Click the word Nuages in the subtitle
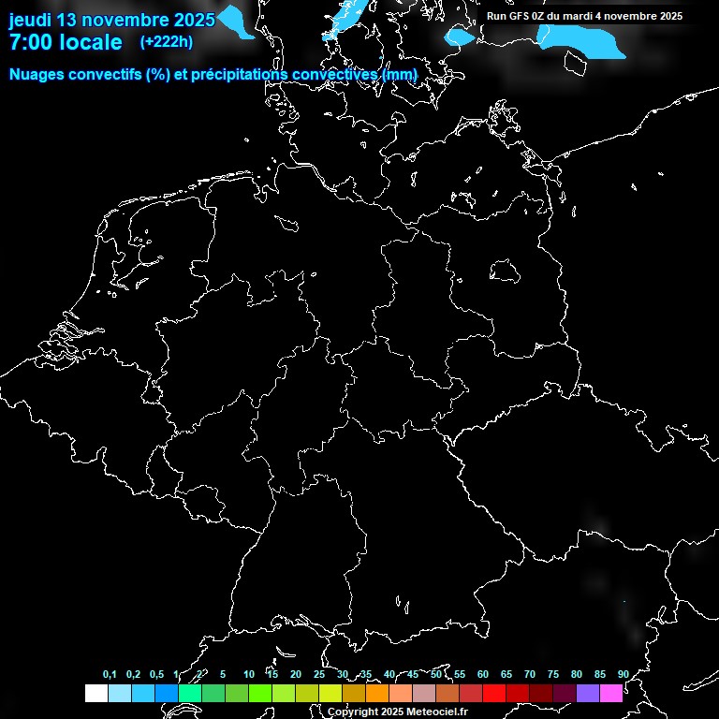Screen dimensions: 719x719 click(36, 74)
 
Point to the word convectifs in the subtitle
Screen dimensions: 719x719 click(102, 74)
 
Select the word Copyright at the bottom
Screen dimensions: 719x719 click(354, 712)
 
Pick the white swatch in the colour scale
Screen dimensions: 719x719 click(96, 693)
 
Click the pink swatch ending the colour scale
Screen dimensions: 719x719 click(611, 693)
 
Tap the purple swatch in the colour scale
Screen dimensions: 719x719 click(588, 693)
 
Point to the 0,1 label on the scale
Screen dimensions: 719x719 click(110, 675)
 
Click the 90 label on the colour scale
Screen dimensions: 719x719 click(623, 675)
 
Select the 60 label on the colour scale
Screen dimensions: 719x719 click(482, 675)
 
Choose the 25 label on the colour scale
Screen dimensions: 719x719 click(318, 675)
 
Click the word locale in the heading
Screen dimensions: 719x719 click(90, 42)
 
